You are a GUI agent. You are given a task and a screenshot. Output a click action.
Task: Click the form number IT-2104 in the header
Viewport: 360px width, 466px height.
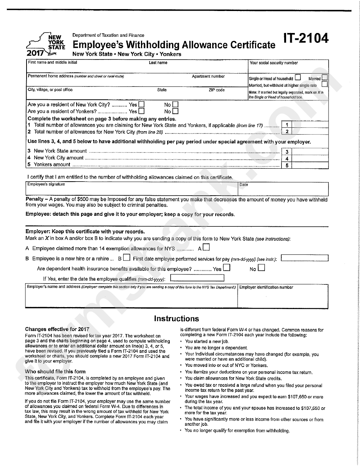pos(305,39)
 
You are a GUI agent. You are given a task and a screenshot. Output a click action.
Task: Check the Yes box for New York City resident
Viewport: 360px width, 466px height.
pos(141,104)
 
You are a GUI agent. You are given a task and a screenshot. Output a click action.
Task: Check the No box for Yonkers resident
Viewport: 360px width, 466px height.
pos(175,111)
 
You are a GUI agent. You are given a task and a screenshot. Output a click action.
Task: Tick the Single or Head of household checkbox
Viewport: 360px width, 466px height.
pos(298,78)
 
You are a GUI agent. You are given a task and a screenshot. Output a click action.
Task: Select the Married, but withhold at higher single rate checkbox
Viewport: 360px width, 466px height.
pos(324,85)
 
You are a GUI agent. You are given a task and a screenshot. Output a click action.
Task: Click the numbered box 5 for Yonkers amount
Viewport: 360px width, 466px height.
pos(287,165)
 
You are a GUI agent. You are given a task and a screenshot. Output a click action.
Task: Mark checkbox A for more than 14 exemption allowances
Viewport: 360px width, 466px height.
pos(206,248)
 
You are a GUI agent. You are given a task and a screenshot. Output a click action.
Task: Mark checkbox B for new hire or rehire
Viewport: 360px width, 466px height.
pos(127,258)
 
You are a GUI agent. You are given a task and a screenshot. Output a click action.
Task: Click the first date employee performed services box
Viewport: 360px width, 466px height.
pos(305,258)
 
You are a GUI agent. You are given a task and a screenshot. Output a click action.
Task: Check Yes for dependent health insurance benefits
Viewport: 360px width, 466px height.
pos(227,268)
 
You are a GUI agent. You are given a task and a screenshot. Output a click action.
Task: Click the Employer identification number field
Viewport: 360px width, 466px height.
pos(283,298)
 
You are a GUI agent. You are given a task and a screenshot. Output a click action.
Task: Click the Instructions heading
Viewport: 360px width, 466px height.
pos(176,319)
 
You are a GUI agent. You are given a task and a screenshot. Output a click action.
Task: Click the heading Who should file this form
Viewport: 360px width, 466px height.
pos(55,372)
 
